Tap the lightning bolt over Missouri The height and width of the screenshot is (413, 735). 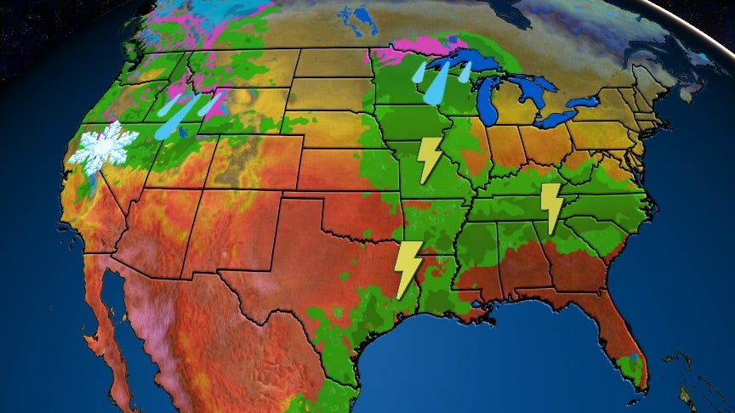tap(430, 159)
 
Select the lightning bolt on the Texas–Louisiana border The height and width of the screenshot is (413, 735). tap(408, 269)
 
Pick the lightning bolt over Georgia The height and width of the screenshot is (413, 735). tap(552, 207)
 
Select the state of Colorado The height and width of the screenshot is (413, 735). tap(255, 161)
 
